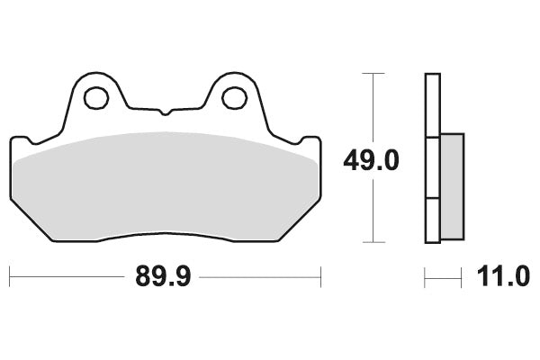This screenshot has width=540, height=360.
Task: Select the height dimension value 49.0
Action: point(371,161)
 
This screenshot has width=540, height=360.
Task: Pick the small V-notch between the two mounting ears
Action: point(165,112)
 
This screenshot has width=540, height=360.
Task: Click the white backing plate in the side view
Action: point(432,108)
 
